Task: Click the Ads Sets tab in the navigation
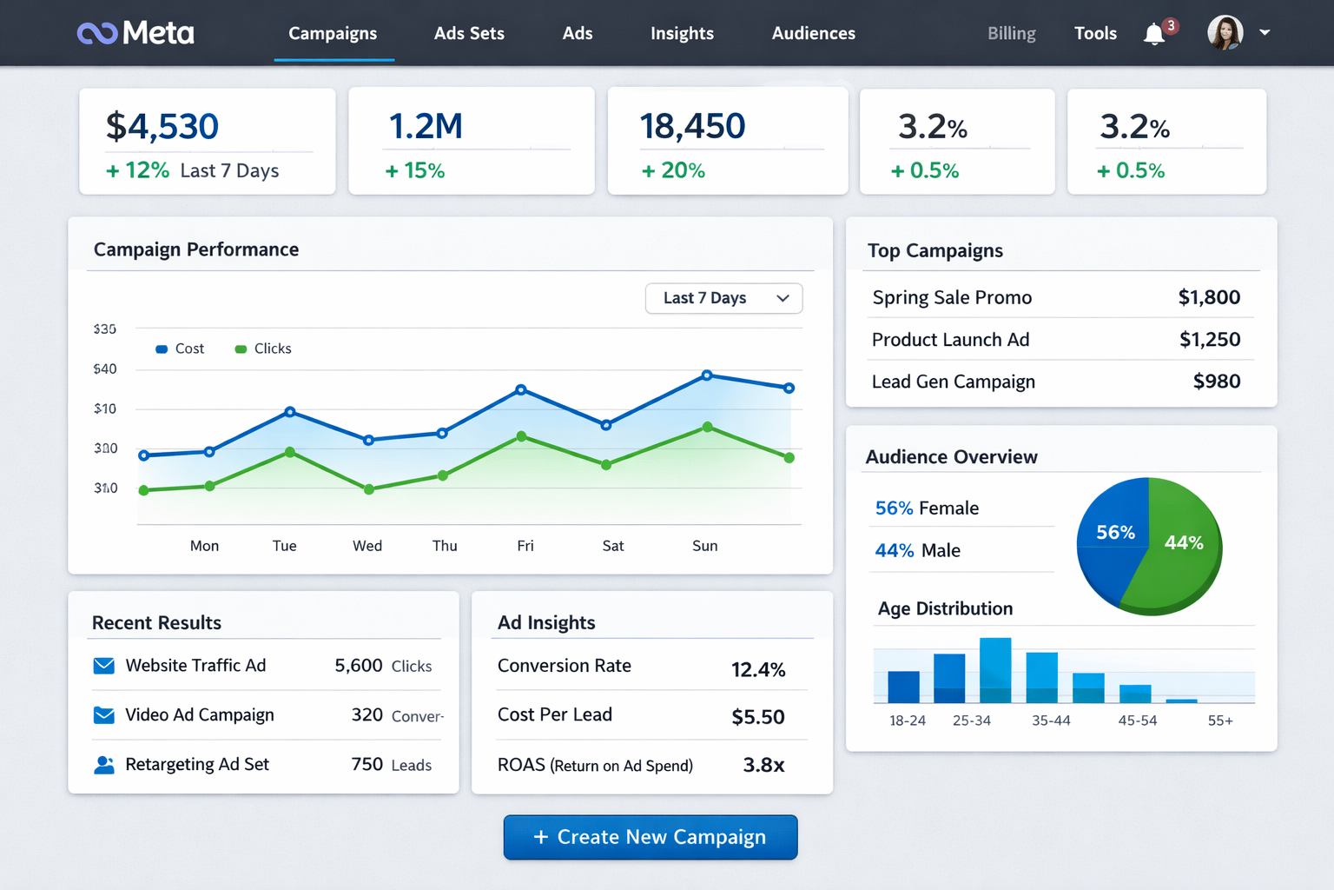[x=469, y=33]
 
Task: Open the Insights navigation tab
[x=682, y=33]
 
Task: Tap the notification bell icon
[x=1154, y=34]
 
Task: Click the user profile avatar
[x=1225, y=33]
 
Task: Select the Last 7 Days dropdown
[x=723, y=298]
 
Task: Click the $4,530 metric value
[x=162, y=127]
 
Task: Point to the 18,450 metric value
[x=692, y=126]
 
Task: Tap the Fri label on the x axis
[x=525, y=546]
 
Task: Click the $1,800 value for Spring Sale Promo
[x=1209, y=297]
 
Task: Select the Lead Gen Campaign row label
[x=953, y=382]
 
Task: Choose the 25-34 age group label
[x=971, y=721]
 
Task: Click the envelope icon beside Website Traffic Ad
[x=104, y=666]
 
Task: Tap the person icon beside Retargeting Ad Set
[x=104, y=765]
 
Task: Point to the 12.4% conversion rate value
[x=757, y=669]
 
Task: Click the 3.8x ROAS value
[x=763, y=765]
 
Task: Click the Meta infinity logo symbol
[x=96, y=33]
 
